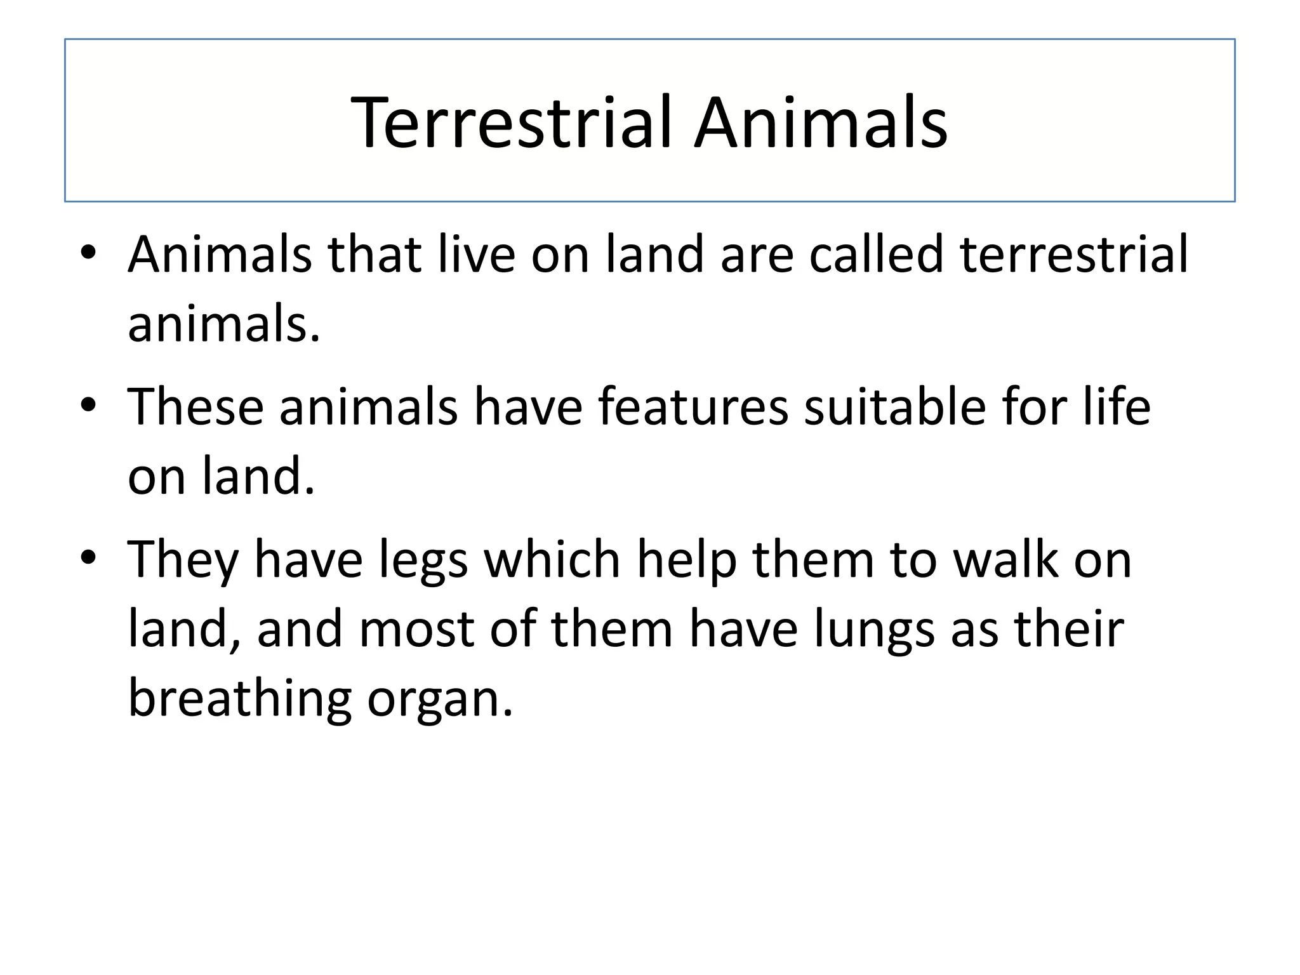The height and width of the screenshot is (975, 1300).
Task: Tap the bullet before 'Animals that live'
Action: pyautogui.click(x=88, y=253)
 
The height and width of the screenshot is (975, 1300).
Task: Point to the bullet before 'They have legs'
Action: pyautogui.click(x=88, y=557)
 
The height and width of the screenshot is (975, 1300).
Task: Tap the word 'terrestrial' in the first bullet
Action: pyautogui.click(x=1073, y=254)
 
